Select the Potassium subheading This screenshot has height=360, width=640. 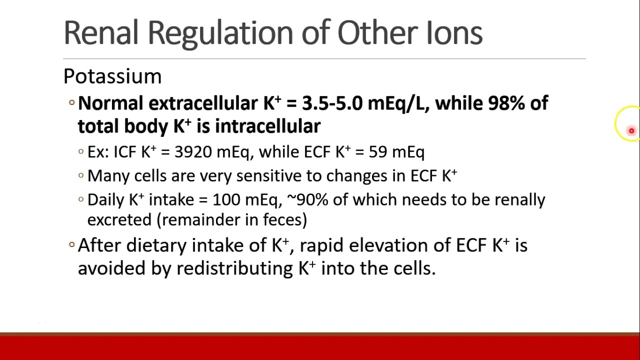tap(112, 76)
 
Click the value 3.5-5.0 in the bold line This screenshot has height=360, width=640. tap(332, 103)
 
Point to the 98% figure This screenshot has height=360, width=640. tap(506, 103)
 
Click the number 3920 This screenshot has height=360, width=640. tap(193, 152)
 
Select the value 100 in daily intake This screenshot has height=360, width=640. tap(226, 200)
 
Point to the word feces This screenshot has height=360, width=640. tap(282, 220)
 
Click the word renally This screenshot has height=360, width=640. tap(520, 200)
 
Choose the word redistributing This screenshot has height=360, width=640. tap(234, 268)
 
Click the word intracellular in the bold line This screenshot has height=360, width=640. tap(267, 126)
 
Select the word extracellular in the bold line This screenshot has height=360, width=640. tap(203, 103)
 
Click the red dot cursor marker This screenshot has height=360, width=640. tap(631, 131)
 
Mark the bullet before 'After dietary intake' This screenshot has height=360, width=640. tap(72, 245)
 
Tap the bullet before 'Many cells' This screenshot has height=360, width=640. tap(81, 175)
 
